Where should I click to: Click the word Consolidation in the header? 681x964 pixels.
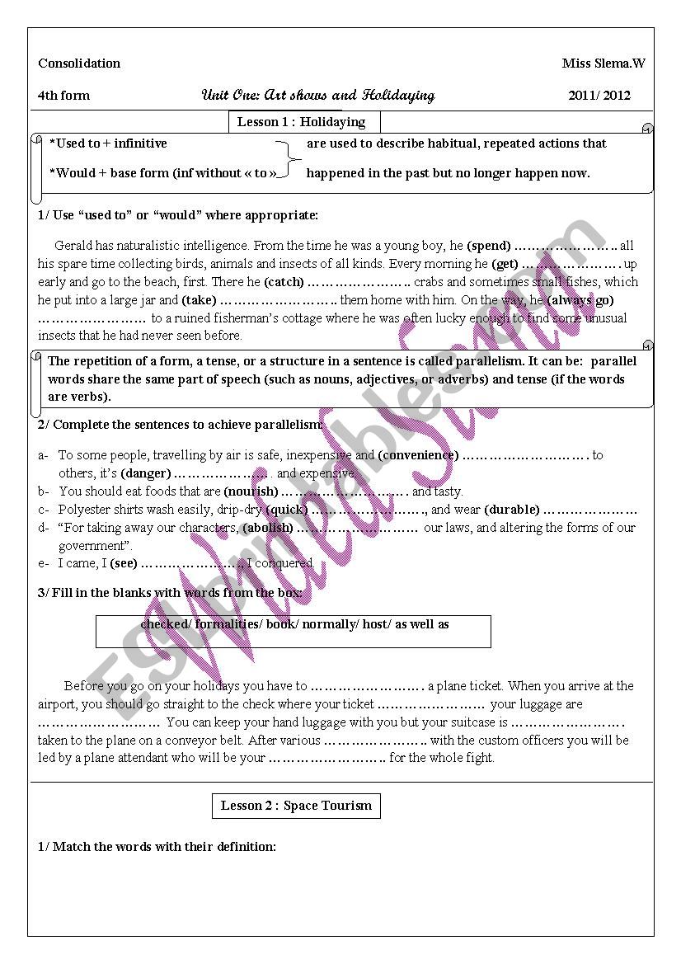[79, 63]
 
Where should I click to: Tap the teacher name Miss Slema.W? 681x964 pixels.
[604, 63]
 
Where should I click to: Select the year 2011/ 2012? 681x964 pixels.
[599, 96]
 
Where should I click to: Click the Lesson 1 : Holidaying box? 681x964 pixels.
[302, 122]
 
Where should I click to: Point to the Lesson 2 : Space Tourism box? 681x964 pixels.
[296, 806]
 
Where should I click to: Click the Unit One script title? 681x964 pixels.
[318, 95]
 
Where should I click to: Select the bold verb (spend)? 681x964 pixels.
[489, 246]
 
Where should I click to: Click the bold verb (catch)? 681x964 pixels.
[284, 282]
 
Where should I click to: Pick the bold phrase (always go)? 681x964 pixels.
[580, 300]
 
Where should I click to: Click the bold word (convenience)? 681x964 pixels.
[418, 455]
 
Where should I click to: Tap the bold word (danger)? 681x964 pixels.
[146, 473]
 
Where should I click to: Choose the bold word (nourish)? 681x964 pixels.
[251, 491]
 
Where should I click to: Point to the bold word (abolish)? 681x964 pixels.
[267, 528]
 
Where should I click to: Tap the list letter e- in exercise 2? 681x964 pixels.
[43, 564]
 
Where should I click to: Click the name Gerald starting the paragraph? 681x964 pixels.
[73, 246]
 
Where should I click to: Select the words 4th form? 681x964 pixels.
[63, 96]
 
